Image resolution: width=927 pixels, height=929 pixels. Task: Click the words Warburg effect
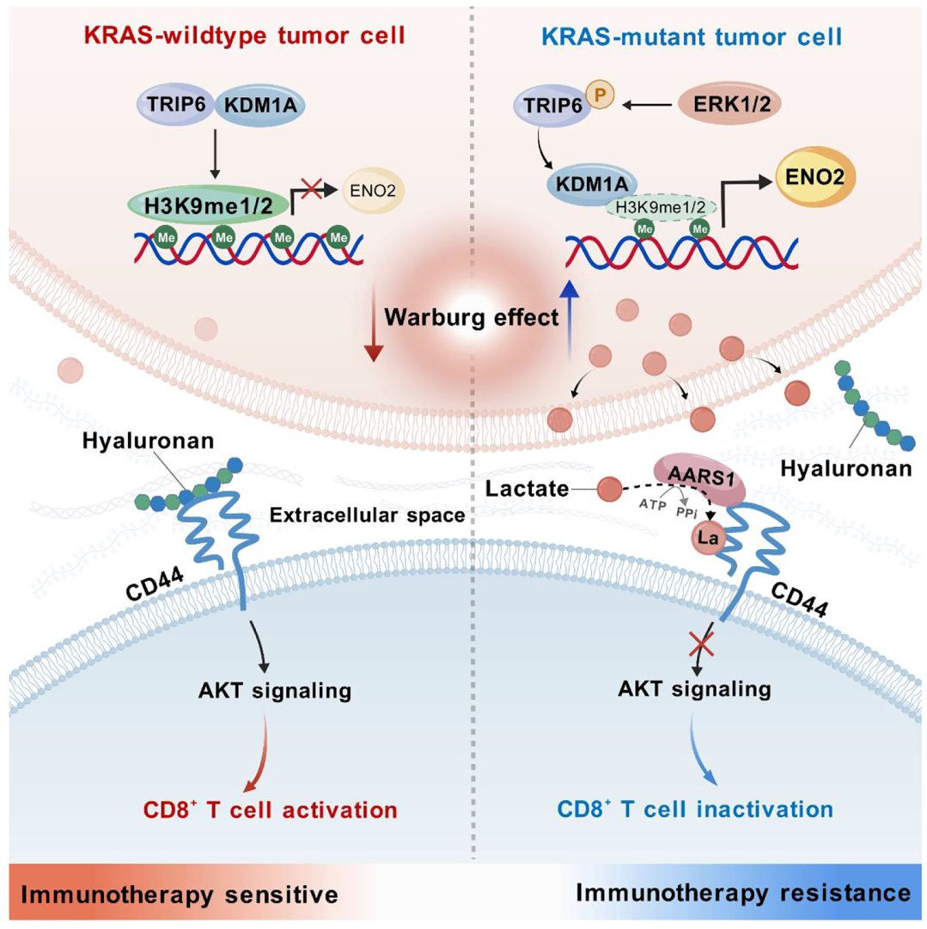(x=471, y=316)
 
